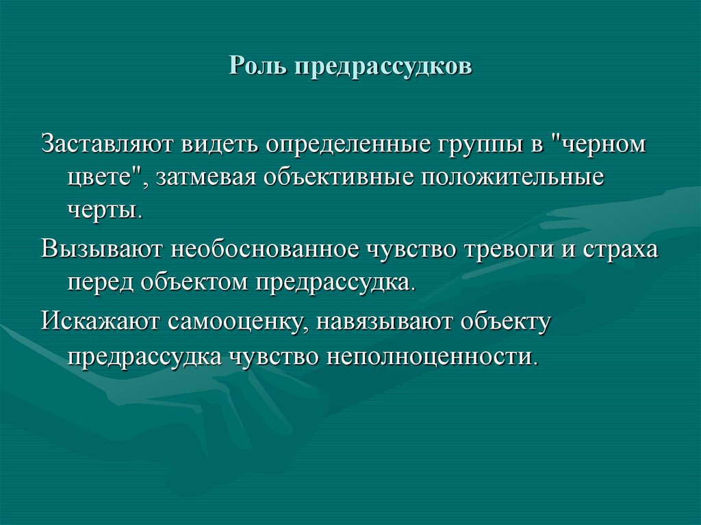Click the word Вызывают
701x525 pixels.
pyautogui.click(x=102, y=248)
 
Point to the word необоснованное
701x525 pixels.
pyautogui.click(x=270, y=248)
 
